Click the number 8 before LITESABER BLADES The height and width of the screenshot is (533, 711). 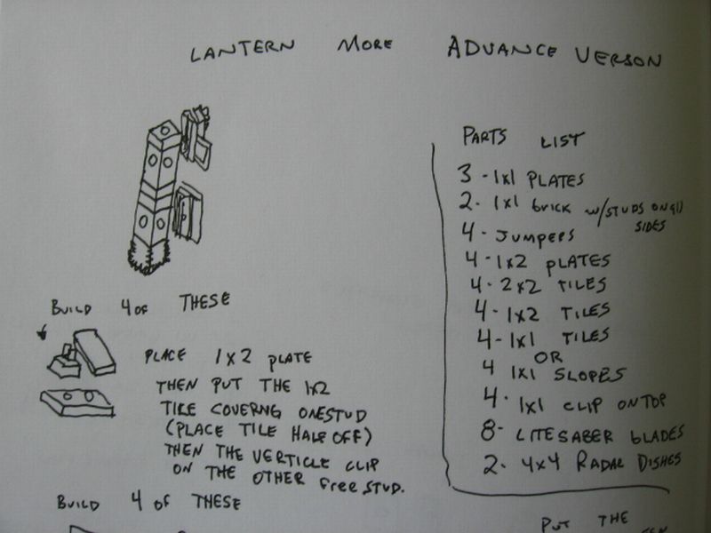(x=488, y=431)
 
